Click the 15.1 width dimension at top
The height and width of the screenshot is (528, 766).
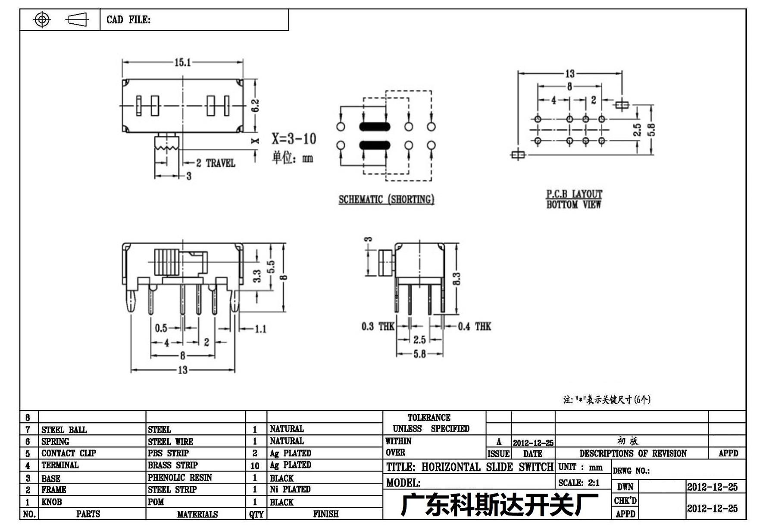pyautogui.click(x=183, y=63)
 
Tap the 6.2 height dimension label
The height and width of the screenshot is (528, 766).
pyautogui.click(x=255, y=106)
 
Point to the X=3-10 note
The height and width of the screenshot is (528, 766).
pyautogui.click(x=294, y=138)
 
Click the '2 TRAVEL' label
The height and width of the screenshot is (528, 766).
pyautogui.click(x=216, y=163)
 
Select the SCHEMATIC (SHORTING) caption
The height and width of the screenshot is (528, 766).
pyautogui.click(x=386, y=199)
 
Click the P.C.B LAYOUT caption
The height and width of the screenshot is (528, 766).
pyautogui.click(x=574, y=194)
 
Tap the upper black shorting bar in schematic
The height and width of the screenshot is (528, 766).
pyautogui.click(x=375, y=126)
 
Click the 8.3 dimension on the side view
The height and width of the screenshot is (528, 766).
pyautogui.click(x=456, y=279)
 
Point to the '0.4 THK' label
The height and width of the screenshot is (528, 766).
pyautogui.click(x=474, y=327)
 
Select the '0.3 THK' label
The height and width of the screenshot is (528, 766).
pyautogui.click(x=378, y=327)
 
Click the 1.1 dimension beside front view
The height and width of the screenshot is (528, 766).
pyautogui.click(x=260, y=329)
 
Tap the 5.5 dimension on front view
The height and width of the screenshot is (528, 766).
pyautogui.click(x=271, y=267)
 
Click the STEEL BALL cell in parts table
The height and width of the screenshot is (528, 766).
pyautogui.click(x=64, y=430)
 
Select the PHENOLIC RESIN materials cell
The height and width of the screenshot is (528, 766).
pyautogui.click(x=180, y=478)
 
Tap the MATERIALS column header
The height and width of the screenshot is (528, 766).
pyautogui.click(x=197, y=514)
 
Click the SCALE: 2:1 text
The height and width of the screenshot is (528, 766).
pyautogui.click(x=578, y=483)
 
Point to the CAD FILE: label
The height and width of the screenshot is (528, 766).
pyautogui.click(x=128, y=20)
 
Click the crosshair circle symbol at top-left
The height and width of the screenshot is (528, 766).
pyautogui.click(x=42, y=19)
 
